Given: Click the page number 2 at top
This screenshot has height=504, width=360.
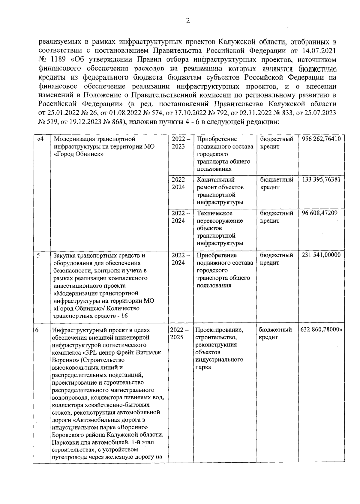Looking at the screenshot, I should click(x=188, y=21).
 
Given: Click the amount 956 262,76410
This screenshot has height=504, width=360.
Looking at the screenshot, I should click(x=321, y=139).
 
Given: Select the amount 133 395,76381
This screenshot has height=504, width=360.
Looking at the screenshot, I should click(x=321, y=180).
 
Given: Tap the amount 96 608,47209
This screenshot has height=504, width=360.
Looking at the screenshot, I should click(x=319, y=213).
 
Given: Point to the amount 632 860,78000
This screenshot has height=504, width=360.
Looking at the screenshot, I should click(x=321, y=330).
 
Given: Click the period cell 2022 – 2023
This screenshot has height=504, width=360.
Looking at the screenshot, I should click(x=181, y=143).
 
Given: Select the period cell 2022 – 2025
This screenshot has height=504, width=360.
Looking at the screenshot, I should click(x=179, y=333).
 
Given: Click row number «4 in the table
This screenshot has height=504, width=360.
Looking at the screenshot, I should click(x=40, y=139).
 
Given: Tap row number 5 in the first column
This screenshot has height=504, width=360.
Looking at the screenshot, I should click(x=38, y=255).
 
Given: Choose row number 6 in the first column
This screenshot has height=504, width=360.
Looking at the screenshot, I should click(x=37, y=330).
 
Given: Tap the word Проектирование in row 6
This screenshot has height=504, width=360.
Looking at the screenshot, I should click(x=219, y=330).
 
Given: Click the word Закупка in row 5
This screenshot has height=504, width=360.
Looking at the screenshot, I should click(x=64, y=255).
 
